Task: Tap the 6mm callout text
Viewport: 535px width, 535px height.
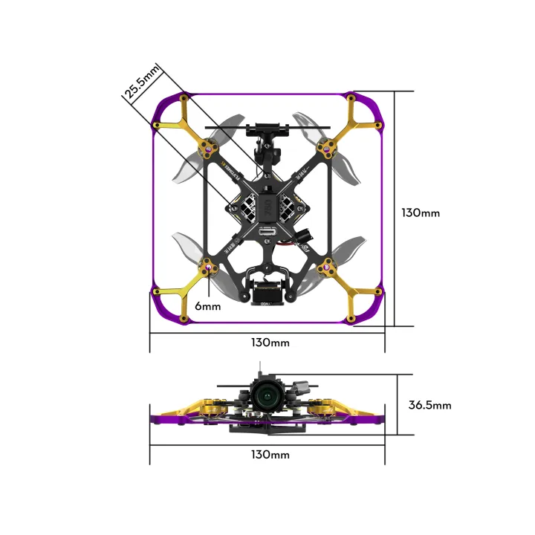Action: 208,306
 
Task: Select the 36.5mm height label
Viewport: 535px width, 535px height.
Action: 429,405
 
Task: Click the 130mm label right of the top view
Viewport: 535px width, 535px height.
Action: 420,213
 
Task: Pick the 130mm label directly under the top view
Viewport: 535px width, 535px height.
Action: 270,343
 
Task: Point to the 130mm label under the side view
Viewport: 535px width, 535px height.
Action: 270,454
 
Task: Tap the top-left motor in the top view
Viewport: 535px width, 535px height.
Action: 210,151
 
